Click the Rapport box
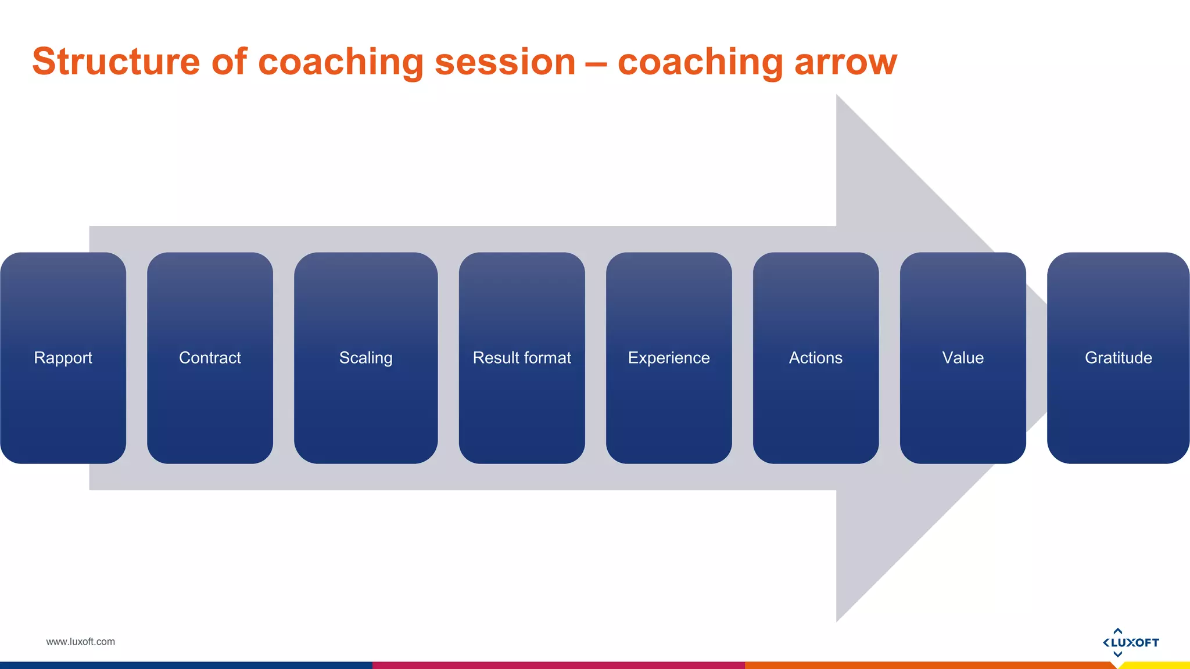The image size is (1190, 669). [x=63, y=358]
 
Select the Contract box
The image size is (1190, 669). [x=210, y=358]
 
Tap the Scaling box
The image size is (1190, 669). [x=365, y=358]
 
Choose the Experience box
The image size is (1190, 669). [x=669, y=358]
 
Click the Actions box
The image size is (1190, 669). [x=816, y=358]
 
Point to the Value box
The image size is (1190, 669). [x=963, y=358]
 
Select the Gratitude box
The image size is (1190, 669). [x=1118, y=358]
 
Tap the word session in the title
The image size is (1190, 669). [x=504, y=62]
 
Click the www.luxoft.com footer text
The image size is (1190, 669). [x=80, y=642]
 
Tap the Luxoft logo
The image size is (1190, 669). [x=1130, y=642]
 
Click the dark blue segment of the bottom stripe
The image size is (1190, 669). [x=186, y=665]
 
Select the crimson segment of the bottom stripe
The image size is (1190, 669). [x=558, y=665]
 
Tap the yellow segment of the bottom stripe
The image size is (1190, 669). [x=1156, y=666]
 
